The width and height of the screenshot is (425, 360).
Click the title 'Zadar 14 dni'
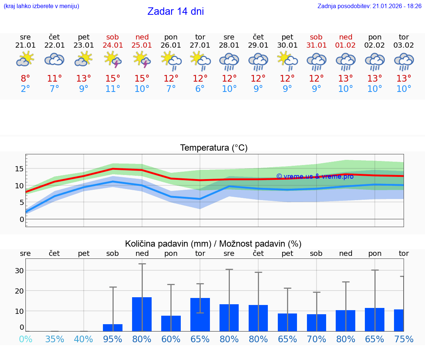click(176, 11)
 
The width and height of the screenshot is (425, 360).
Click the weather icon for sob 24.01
click(113, 59)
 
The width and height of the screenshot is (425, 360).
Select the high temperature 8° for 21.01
click(25, 79)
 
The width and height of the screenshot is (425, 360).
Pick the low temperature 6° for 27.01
click(200, 89)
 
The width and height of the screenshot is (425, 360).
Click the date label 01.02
click(346, 45)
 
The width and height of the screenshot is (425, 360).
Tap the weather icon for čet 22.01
click(55, 59)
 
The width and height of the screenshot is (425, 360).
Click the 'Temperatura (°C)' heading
click(214, 148)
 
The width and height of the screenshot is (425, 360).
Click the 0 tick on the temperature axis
click(22, 219)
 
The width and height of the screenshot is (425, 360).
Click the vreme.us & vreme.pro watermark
click(315, 176)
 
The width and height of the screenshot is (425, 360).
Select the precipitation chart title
click(213, 244)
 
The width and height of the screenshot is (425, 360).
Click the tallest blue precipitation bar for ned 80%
click(142, 314)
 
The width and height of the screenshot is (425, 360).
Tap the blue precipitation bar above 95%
click(113, 328)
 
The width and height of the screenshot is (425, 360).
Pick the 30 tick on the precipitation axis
click(19, 271)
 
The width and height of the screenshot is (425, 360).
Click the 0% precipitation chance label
click(25, 339)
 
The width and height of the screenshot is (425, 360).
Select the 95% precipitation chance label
click(113, 339)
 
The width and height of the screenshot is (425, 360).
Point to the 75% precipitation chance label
click(404, 339)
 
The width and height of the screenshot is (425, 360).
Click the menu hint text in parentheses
click(41, 6)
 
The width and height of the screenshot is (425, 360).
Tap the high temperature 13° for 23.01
click(84, 79)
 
